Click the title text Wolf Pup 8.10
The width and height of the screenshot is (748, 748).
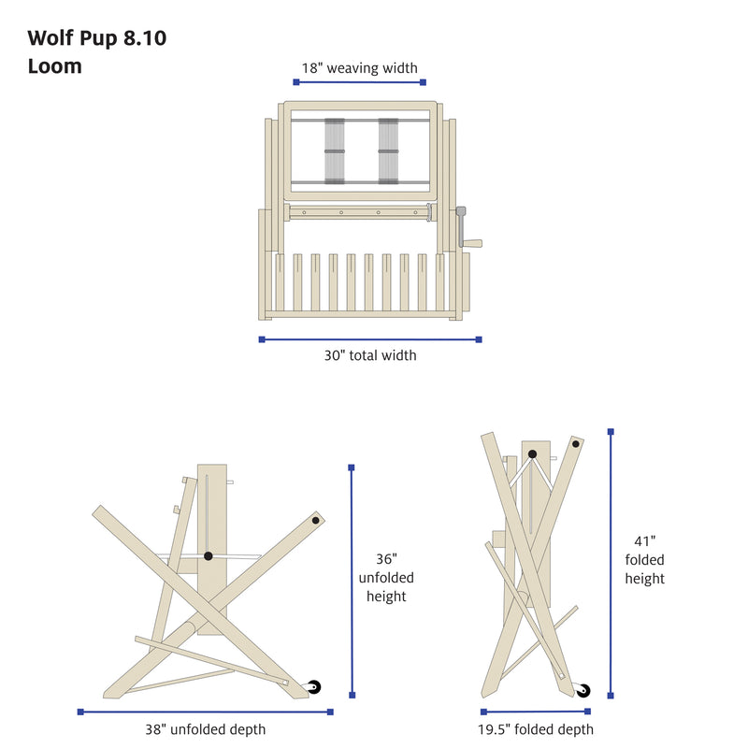coord(97,38)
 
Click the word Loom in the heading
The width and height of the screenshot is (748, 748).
coord(55,66)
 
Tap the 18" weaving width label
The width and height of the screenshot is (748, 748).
coord(359,68)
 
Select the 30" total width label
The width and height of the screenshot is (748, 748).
coord(370,355)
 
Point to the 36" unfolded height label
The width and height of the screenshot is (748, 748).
coord(386,578)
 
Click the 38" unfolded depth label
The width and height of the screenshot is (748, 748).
coord(205,729)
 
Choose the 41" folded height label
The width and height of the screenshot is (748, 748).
coord(644,560)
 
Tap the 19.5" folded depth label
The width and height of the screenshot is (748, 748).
coord(536,729)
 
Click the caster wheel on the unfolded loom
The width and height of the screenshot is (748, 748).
coord(313,687)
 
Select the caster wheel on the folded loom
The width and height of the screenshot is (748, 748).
coord(583,690)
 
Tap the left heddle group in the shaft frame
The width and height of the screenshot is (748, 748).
coord(335,151)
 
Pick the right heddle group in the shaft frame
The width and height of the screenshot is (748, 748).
coord(388,151)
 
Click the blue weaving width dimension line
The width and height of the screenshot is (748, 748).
coord(359,82)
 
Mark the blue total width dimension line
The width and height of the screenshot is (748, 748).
coord(370,339)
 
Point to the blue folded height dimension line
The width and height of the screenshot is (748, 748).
coord(611,564)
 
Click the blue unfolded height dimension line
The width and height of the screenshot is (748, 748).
coord(352,582)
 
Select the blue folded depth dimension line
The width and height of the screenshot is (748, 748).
coord(536,712)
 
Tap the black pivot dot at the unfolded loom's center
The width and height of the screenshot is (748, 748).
coord(208,555)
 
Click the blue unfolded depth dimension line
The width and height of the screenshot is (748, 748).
coord(205,712)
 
